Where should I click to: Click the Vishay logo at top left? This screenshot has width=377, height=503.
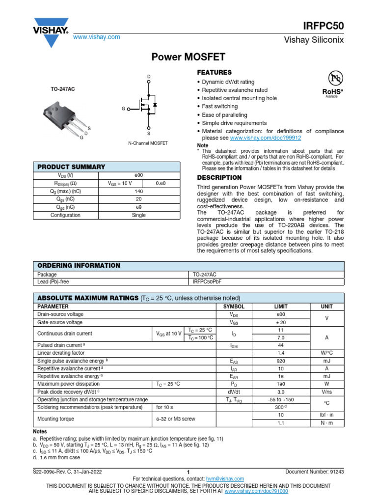tap(51, 28)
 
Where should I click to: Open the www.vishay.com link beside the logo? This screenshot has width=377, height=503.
tap(96, 37)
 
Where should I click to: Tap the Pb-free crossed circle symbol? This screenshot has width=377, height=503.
tap(335, 79)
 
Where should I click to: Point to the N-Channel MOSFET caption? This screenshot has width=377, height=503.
tap(148, 143)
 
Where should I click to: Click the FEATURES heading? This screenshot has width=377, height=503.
tap(214, 72)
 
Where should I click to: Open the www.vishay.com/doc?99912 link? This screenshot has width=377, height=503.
tap(276, 139)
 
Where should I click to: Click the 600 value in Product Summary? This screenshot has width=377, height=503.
tap(139, 175)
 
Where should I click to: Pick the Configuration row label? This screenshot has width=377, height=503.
tap(65, 215)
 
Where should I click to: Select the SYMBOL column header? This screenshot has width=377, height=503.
tap(234, 307)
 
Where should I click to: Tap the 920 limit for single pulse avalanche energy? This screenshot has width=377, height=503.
tap(280, 361)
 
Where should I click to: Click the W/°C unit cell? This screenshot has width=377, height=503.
tap(327, 353)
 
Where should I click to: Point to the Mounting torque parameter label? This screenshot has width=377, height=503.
tap(56, 419)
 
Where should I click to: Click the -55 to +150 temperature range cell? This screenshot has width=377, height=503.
tap(280, 400)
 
